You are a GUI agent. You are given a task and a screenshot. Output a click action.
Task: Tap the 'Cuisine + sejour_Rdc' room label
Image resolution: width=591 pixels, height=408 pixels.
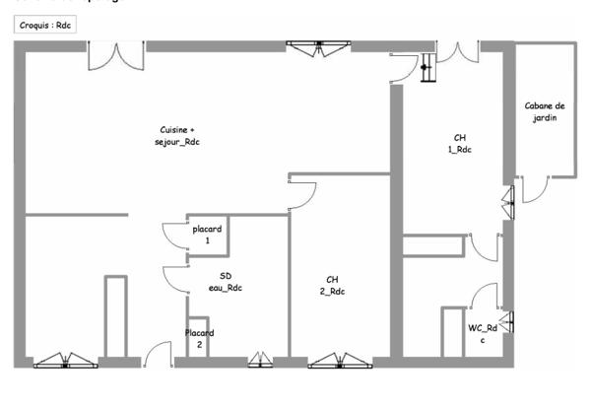pos(177,136)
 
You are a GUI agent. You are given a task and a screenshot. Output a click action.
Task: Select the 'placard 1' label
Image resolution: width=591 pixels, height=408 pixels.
pos(207,235)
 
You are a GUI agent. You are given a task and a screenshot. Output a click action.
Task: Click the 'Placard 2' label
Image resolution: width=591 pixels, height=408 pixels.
pos(199,339)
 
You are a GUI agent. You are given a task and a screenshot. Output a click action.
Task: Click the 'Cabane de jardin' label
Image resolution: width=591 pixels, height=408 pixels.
pos(545,111)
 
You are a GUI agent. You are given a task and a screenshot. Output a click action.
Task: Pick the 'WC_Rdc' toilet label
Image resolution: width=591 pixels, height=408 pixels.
pos(482,333)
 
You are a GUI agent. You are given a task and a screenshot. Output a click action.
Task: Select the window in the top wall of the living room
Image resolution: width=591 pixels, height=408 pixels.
pos(317,46)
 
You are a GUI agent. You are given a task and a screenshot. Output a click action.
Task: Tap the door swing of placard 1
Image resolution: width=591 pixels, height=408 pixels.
pos(175,238)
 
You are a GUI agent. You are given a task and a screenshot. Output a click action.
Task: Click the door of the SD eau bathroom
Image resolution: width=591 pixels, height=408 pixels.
pos(175,280)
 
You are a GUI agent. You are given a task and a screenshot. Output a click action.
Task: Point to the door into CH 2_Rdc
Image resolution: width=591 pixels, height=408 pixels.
pos(300,191)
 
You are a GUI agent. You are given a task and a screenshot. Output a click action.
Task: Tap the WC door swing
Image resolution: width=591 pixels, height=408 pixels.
pos(484,297)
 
